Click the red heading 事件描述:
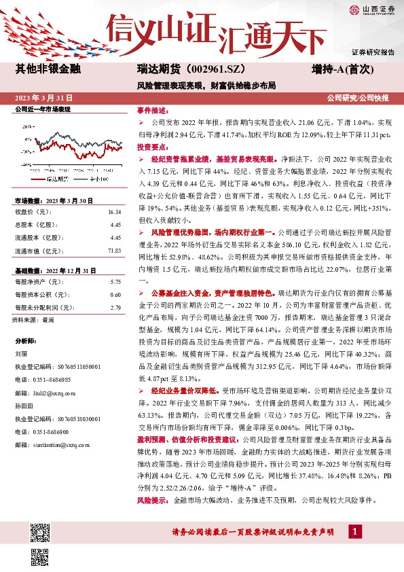click(152, 110)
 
